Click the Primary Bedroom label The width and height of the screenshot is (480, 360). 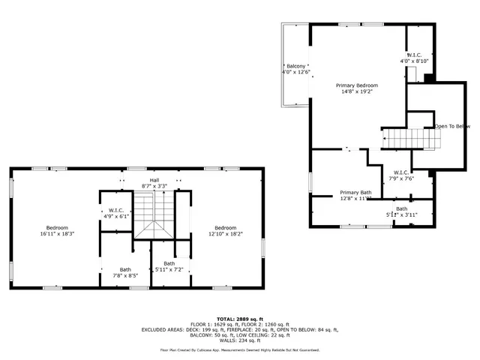point(356,85)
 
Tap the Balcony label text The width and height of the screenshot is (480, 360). point(295,66)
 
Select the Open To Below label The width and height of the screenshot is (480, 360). point(452,126)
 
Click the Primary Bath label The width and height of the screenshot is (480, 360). point(355,193)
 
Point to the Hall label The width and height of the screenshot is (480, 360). point(154,180)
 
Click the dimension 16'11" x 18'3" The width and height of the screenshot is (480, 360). point(57,234)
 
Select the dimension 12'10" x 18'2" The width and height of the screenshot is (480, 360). point(225,234)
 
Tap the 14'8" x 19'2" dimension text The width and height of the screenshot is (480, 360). point(356,91)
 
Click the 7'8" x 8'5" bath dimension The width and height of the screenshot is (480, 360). point(125,275)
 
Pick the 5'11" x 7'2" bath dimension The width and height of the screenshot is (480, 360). point(169,269)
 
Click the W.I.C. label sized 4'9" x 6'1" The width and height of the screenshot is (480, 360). point(116,210)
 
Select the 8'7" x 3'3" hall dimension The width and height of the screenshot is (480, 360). point(154,186)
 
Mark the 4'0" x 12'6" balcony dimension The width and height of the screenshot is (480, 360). point(296,72)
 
